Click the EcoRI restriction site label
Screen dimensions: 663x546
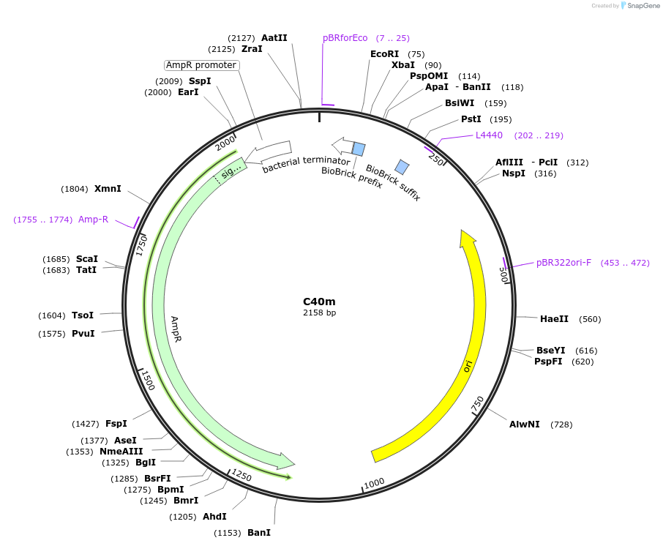[384, 54]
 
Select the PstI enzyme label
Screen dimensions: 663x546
[471, 119]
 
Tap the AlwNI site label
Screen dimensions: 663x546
[525, 425]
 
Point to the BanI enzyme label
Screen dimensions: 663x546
[259, 533]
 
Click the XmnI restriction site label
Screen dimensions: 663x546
[108, 189]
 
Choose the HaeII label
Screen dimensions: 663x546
[554, 319]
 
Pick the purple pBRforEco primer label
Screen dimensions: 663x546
[345, 38]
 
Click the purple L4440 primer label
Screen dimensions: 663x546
[489, 135]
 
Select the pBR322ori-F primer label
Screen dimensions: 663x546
[563, 263]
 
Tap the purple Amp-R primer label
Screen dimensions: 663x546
[93, 220]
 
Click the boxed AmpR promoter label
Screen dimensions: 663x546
[201, 65]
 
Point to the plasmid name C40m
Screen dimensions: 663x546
[319, 302]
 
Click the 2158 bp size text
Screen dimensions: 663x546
[319, 313]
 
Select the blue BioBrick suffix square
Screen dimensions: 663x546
[402, 166]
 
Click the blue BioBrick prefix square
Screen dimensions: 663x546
[359, 149]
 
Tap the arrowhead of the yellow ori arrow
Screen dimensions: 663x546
[467, 237]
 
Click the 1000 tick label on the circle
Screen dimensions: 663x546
[374, 483]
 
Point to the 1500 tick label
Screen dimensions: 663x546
[148, 380]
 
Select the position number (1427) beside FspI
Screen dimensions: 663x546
[85, 425]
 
